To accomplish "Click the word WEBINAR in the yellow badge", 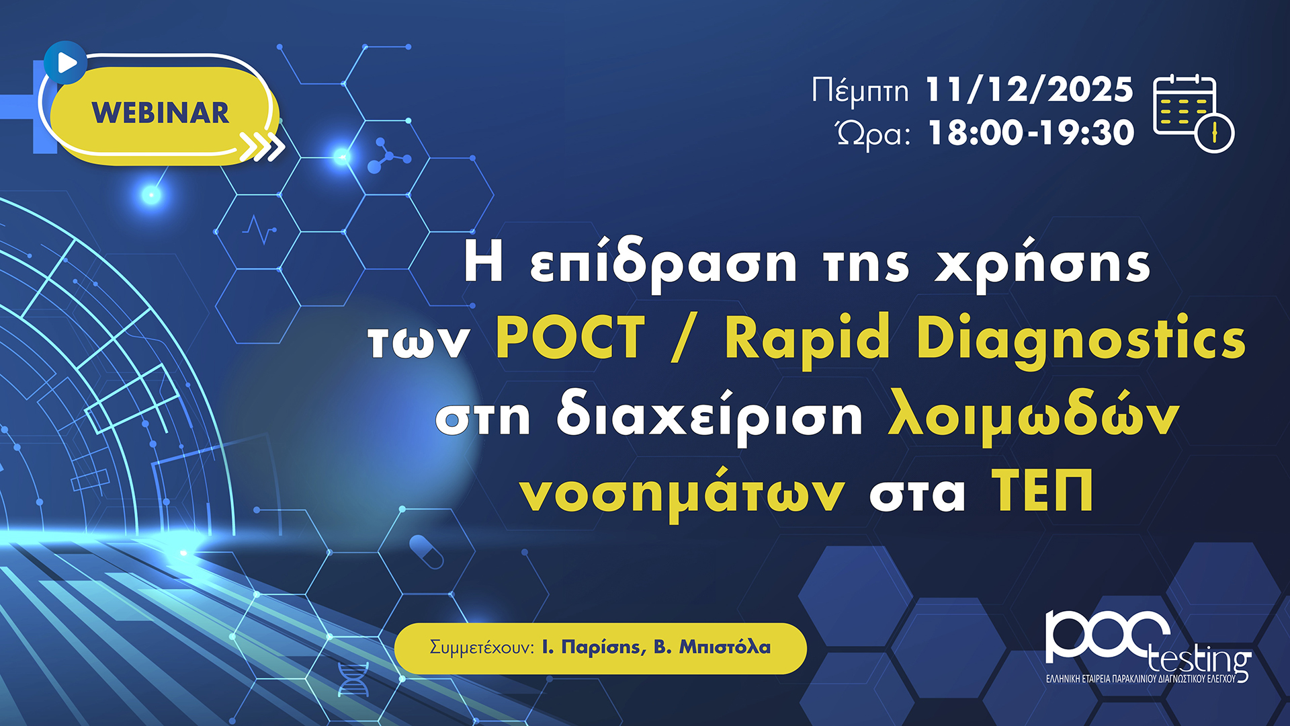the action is click(x=161, y=113).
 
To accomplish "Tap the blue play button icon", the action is click(x=65, y=63).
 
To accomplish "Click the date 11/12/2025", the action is click(x=1029, y=89).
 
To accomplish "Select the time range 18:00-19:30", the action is click(x=1031, y=132).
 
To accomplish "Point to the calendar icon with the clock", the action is click(x=1194, y=114).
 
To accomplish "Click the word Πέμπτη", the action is click(x=860, y=91).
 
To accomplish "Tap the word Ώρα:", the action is click(x=873, y=133).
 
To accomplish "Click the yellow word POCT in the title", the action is click(x=570, y=338).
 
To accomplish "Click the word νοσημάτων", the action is click(x=682, y=493).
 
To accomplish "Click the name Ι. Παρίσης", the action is click(x=594, y=647).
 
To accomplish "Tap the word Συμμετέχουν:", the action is click(x=482, y=647).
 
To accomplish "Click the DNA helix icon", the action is click(x=353, y=679).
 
